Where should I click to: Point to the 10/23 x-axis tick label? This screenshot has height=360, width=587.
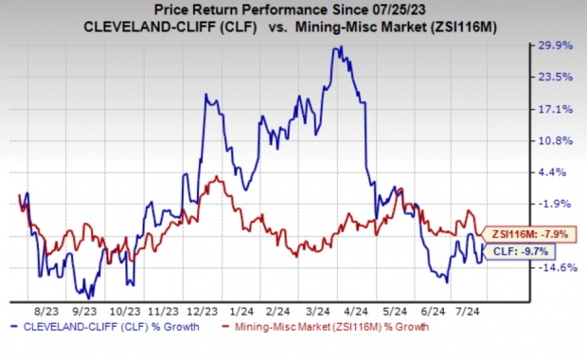click(124, 309)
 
